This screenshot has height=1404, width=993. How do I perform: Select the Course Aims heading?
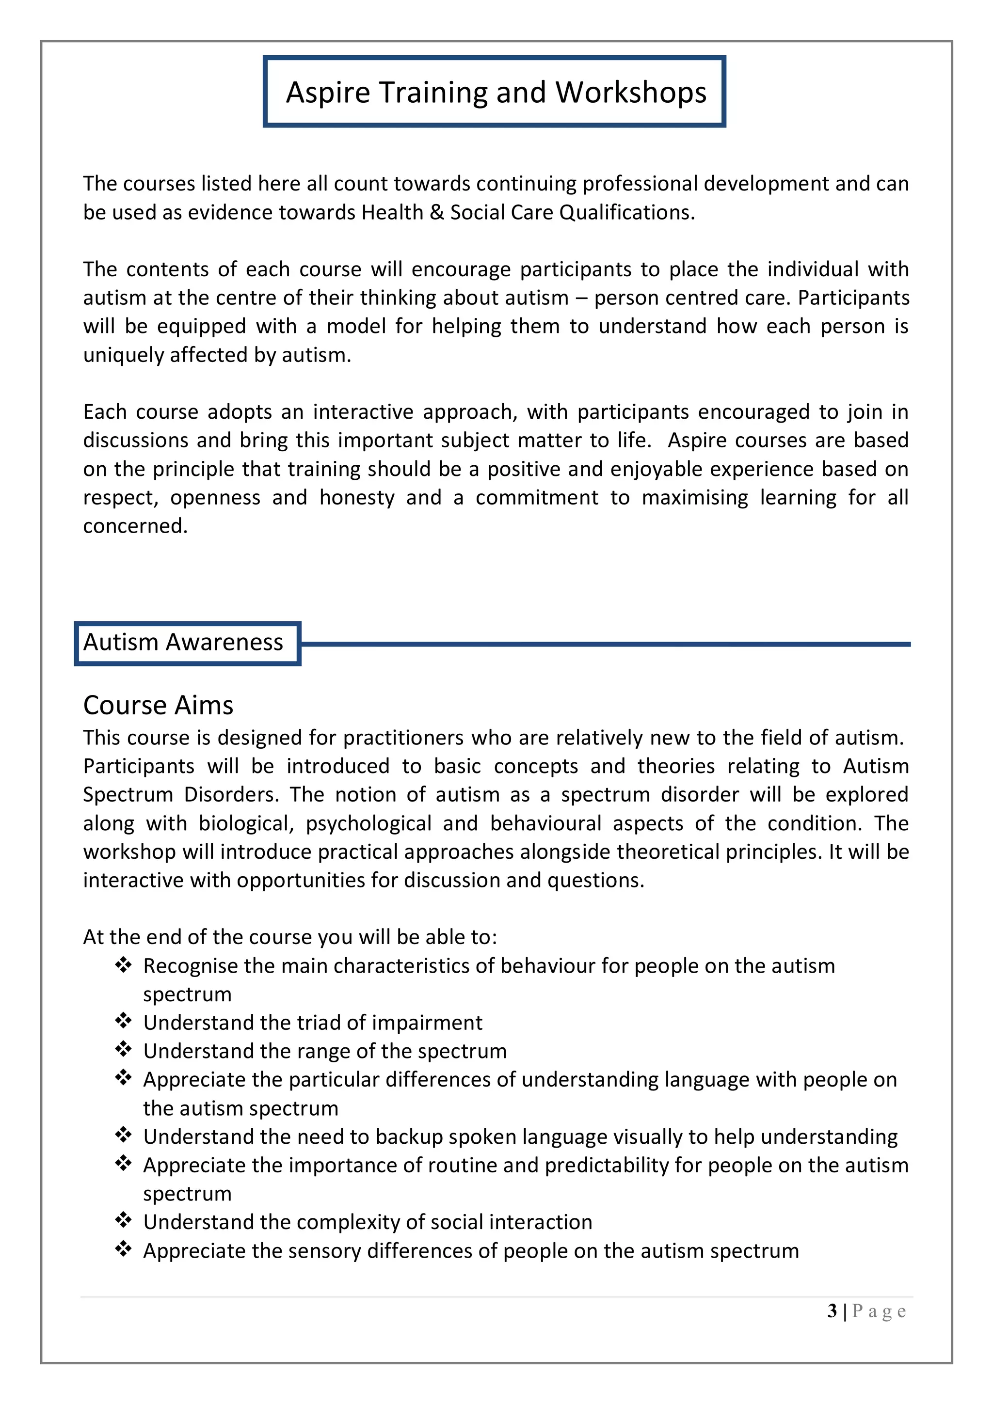(158, 705)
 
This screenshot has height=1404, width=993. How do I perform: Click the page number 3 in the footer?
(832, 1310)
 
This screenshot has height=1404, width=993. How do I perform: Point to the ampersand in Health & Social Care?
(437, 212)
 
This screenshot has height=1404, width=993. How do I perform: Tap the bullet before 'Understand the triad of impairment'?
(123, 1021)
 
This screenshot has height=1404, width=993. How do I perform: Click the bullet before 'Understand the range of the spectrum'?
(123, 1049)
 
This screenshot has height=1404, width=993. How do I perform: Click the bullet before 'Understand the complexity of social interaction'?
(123, 1220)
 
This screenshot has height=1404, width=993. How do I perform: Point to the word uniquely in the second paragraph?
(123, 355)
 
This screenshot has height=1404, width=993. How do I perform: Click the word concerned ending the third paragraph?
(135, 526)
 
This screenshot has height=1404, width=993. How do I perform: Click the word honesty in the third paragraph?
(357, 497)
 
